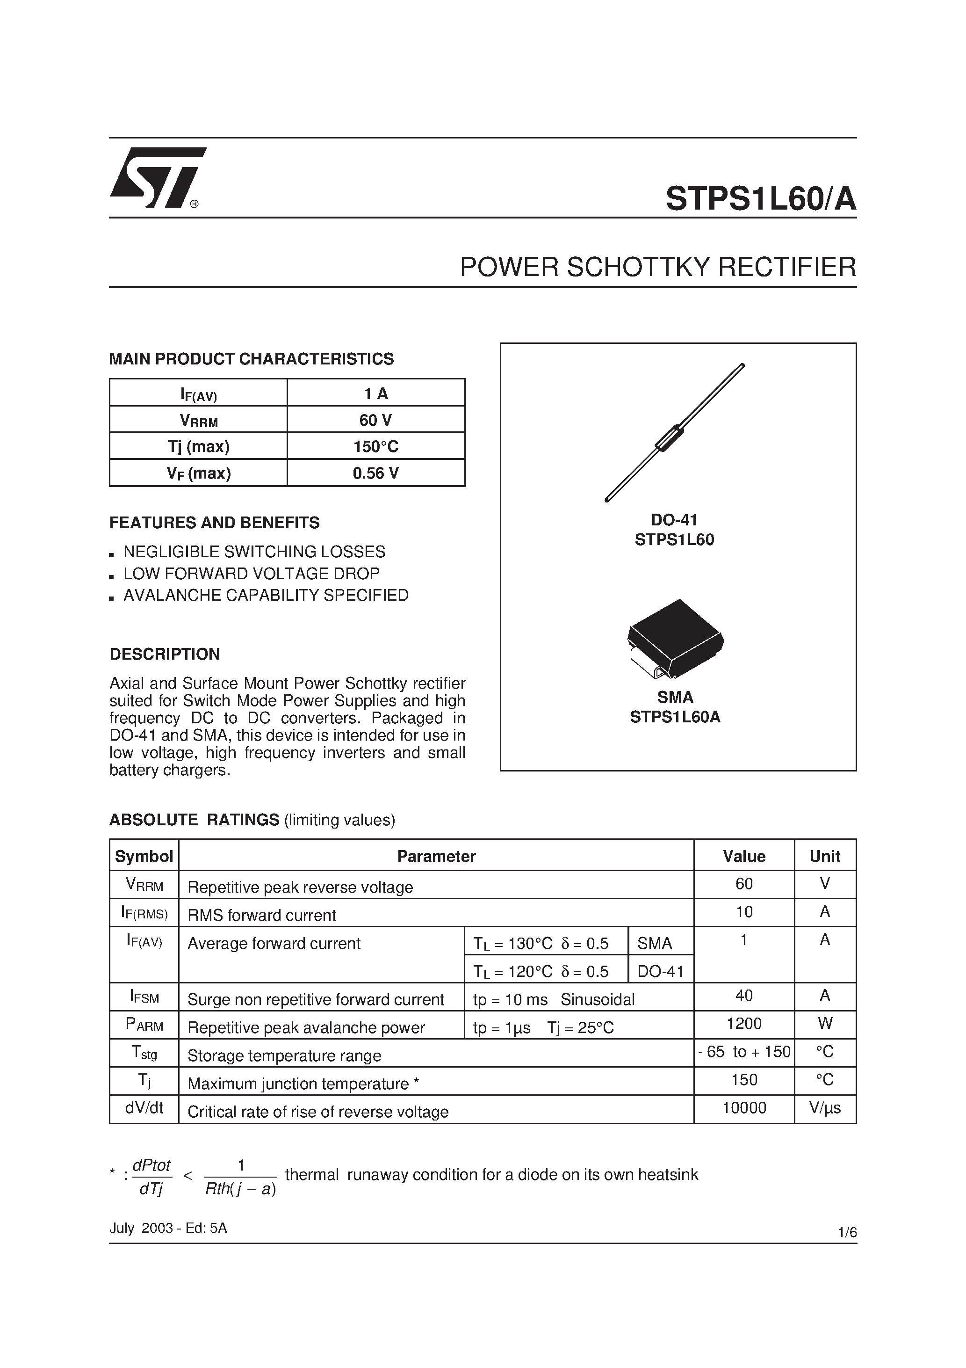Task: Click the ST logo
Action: tap(157, 178)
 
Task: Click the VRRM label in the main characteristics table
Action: tap(198, 421)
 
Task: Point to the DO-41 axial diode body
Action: tap(670, 437)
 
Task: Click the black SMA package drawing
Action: tap(675, 639)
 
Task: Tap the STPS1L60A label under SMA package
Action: tap(675, 717)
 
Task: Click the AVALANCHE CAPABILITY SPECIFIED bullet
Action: tap(266, 595)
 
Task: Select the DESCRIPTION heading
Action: tap(165, 654)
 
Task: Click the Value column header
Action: tap(744, 856)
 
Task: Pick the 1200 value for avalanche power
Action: tap(744, 1024)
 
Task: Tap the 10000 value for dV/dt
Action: tap(744, 1107)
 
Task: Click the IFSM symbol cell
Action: tap(144, 996)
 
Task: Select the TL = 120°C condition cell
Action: tap(541, 972)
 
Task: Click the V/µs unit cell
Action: tap(825, 1107)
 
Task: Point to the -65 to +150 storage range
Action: tap(744, 1052)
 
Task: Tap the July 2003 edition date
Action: tap(168, 1228)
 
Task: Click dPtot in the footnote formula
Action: tap(151, 1165)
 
